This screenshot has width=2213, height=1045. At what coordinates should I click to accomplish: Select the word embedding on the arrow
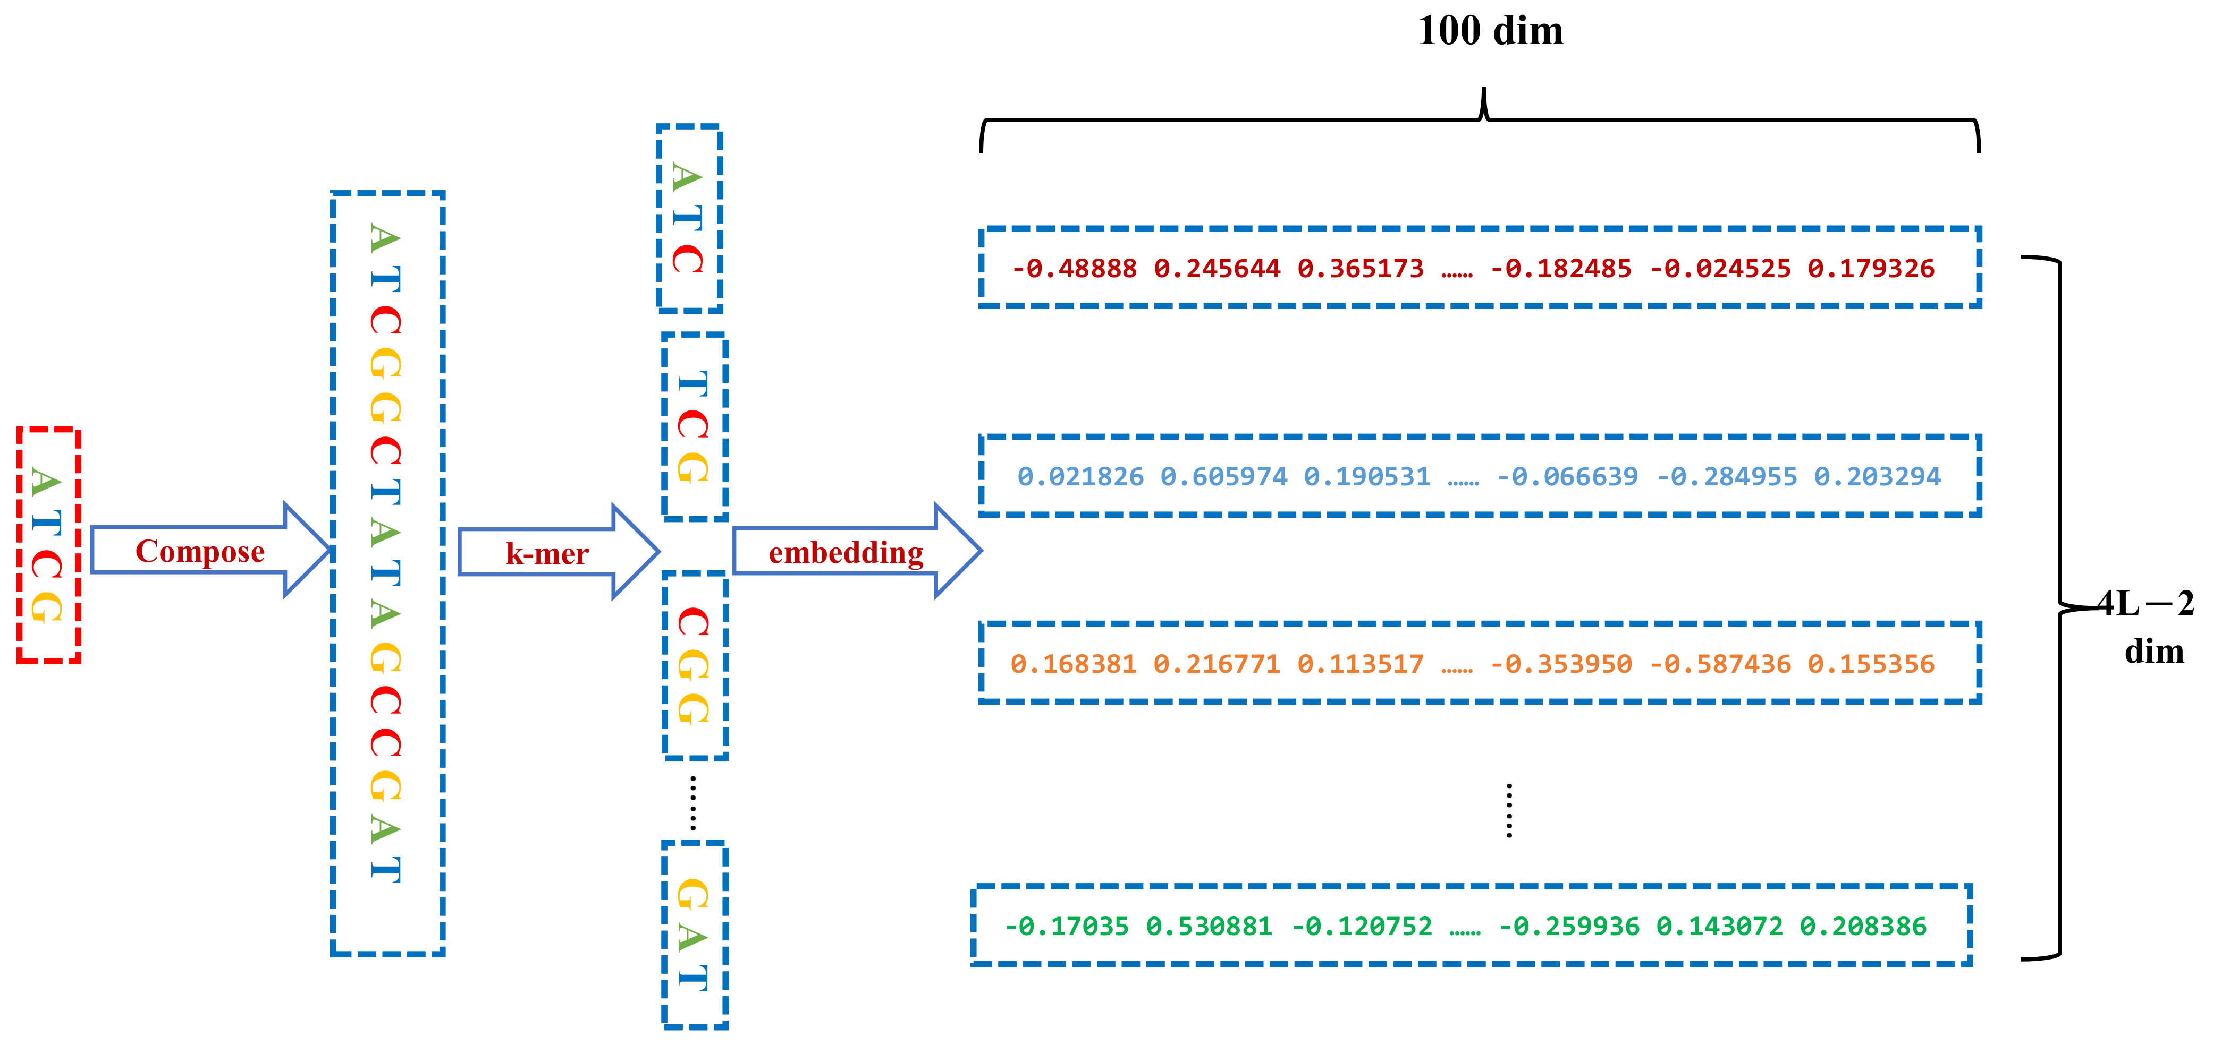[846, 553]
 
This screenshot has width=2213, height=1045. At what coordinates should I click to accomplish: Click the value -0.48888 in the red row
[1074, 269]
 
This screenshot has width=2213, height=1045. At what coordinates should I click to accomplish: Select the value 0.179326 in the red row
[1871, 269]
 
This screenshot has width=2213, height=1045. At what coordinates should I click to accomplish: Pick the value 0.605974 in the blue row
[1223, 476]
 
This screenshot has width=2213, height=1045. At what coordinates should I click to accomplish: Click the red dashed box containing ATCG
[48, 545]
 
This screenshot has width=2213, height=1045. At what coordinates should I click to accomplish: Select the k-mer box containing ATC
[689, 218]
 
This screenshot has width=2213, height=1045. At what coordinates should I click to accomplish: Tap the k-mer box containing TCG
[694, 427]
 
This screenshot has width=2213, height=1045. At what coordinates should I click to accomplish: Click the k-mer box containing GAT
[694, 934]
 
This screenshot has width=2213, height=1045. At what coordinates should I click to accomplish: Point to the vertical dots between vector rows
[1509, 810]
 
